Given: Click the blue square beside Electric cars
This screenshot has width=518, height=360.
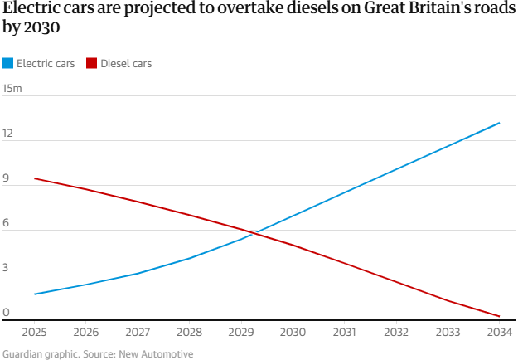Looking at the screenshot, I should tap(8, 63).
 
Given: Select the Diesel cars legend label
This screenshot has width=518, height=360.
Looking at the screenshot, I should tap(126, 63).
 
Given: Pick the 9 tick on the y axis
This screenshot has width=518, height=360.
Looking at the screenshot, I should tap(6, 178).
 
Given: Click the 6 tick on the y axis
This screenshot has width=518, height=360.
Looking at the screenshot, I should tap(6, 222).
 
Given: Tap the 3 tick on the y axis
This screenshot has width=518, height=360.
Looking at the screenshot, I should tap(6, 268).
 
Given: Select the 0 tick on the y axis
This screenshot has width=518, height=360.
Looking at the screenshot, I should tap(6, 313).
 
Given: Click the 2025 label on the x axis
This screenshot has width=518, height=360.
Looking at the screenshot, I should tap(34, 333).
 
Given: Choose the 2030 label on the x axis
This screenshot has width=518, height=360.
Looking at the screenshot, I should tap(293, 333).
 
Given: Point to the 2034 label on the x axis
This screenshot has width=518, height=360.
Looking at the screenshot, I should tap(499, 333).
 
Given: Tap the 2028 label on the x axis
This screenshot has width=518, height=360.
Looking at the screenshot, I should tap(189, 333).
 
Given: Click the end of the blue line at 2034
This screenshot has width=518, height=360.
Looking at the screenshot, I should tap(500, 123).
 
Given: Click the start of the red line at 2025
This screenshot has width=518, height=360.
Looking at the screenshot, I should tap(34, 178).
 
